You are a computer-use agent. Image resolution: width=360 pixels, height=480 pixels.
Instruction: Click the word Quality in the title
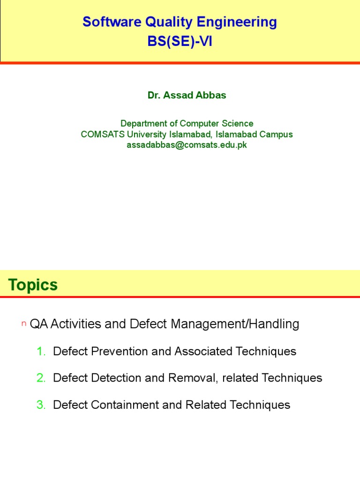click(169, 22)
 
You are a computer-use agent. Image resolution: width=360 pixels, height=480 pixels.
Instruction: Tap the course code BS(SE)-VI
click(180, 41)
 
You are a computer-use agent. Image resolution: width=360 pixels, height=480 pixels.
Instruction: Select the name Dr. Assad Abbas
click(187, 95)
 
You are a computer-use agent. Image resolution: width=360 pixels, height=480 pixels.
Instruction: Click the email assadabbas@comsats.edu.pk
click(187, 145)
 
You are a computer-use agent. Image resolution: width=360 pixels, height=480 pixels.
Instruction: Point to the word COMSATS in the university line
click(103, 134)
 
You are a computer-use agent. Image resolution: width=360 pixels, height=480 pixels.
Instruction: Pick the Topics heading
click(33, 285)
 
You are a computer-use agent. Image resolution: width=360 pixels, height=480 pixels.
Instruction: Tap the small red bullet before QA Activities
click(23, 323)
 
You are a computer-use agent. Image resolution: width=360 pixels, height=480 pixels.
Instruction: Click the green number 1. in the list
click(41, 351)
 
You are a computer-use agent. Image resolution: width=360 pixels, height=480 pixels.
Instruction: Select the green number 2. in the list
click(41, 378)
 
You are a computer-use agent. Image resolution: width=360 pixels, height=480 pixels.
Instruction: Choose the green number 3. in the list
click(41, 405)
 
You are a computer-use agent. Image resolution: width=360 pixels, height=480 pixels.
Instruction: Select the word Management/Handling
click(235, 324)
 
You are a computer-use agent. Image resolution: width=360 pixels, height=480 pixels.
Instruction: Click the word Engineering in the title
click(237, 22)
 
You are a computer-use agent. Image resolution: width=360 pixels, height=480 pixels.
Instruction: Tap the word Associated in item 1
click(203, 351)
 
